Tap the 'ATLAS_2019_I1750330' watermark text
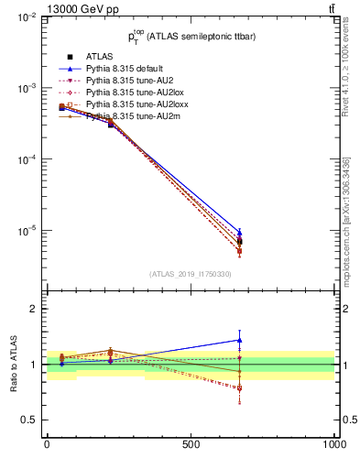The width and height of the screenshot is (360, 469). point(191,274)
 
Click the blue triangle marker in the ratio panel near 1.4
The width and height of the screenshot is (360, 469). point(239,340)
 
